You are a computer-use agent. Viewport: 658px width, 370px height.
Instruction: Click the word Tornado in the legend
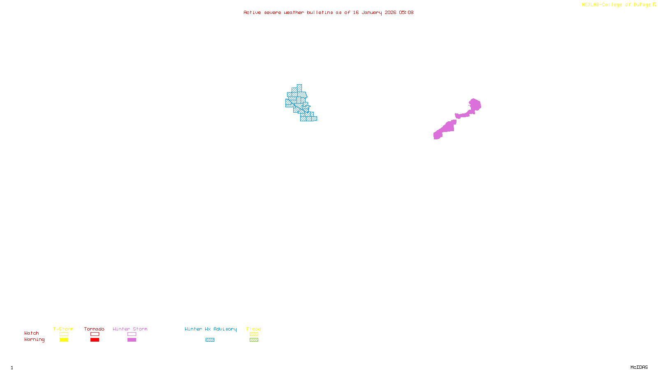point(94,329)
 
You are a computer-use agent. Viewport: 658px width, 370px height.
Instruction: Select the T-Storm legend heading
point(63,329)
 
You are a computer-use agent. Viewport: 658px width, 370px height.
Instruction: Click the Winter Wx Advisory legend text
point(211,329)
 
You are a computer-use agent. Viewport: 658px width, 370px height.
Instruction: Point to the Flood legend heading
point(254,329)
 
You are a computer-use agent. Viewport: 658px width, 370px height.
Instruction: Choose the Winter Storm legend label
point(130,329)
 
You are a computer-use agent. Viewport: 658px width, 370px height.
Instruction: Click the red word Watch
point(32,333)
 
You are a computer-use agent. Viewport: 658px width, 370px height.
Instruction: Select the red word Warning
point(35,340)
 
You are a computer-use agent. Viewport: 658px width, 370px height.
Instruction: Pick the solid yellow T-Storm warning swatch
point(64,340)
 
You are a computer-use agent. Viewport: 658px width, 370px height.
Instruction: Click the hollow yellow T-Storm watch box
point(64,334)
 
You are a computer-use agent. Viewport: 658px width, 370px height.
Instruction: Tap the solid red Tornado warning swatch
point(95,340)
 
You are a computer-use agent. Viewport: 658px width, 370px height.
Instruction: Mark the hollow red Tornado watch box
point(95,334)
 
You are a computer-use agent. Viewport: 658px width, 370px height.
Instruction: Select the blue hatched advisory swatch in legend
point(210,340)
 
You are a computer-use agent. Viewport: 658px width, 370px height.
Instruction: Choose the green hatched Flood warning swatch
point(254,340)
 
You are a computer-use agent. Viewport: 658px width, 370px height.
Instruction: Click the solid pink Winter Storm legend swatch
point(132,340)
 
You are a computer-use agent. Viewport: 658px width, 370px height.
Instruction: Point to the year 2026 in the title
point(390,12)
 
